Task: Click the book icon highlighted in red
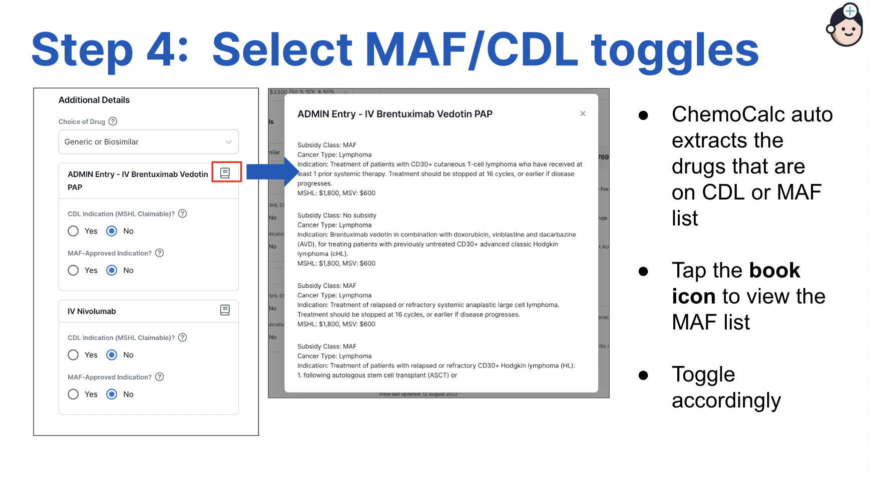225,172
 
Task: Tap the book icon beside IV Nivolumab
225,310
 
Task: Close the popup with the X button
583,113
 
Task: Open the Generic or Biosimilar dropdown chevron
228,142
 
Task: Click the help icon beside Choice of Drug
113,121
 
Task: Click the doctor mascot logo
845,25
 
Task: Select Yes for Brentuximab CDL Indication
74,231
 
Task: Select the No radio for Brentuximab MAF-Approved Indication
112,270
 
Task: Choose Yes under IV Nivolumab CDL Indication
74,355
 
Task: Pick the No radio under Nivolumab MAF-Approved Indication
112,394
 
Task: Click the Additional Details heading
94,100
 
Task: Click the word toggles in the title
675,49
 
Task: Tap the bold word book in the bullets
774,270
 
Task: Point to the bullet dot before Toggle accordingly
643,375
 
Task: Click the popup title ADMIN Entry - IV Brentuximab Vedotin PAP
394,114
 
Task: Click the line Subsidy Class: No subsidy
337,215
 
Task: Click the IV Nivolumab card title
92,311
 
